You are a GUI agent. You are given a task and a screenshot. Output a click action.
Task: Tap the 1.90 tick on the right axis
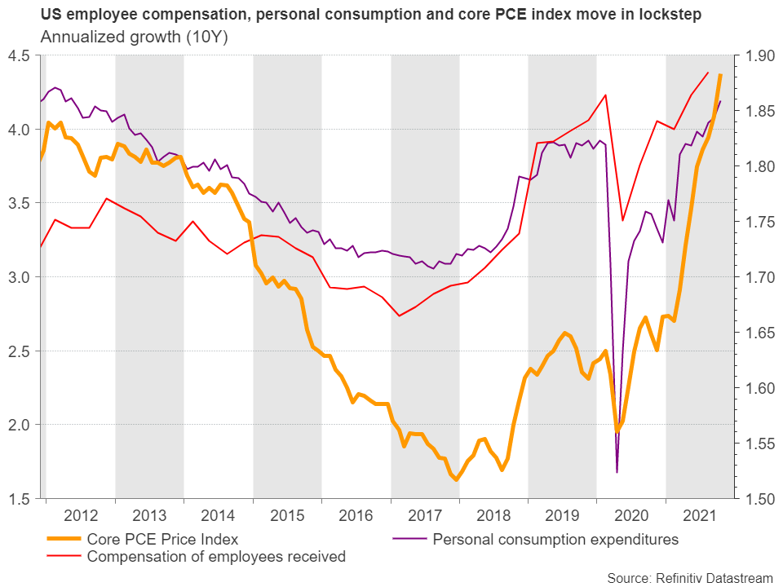tap(756, 55)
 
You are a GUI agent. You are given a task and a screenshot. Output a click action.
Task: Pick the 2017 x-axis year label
tap(425, 516)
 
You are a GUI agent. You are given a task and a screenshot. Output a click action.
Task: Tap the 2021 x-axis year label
tap(701, 516)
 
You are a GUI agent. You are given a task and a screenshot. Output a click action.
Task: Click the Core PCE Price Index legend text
tap(162, 539)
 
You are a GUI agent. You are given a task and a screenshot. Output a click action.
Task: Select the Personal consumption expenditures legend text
tap(555, 539)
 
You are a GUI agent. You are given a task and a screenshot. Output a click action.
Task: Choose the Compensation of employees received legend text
tap(216, 557)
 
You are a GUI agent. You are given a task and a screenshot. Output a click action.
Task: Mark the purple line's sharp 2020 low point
tap(617, 472)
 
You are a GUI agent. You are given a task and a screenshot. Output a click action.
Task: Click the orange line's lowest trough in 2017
tap(456, 479)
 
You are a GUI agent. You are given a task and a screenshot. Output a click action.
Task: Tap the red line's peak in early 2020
tap(605, 95)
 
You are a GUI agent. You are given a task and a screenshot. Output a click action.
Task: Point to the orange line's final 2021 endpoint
tap(720, 75)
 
